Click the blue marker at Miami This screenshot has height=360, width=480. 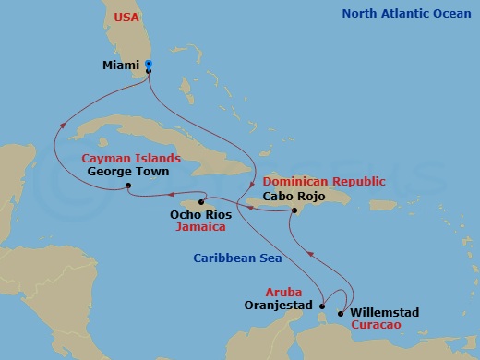coord(149,66)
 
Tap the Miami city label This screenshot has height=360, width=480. coord(123,66)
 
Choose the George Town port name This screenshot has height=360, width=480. coord(127,171)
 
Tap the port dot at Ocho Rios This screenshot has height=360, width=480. coord(201,201)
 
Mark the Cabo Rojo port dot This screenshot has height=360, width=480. coord(294,211)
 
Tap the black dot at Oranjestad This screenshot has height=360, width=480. coord(321,305)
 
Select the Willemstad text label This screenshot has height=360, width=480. coord(385,313)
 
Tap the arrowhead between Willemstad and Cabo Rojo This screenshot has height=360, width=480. coord(311,251)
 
